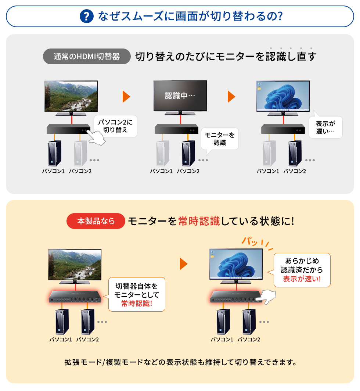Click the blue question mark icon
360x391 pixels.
coord(86,17)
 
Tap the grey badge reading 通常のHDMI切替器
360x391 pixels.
coord(87,56)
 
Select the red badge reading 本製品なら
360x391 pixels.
coord(96,221)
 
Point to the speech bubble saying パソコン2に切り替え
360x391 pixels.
coord(115,126)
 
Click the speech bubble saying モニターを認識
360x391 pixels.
coord(220,139)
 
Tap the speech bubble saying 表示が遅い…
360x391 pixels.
coord(325,127)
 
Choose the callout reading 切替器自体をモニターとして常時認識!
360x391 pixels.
coord(137,294)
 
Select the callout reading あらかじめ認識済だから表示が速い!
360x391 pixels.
coord(302,270)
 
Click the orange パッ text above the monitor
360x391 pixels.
coord(250,241)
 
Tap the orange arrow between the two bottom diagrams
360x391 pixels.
coord(184,264)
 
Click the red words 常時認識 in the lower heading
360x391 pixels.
coord(199,221)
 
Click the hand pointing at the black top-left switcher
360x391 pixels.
coord(97,138)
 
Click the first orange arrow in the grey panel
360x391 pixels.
coord(126,97)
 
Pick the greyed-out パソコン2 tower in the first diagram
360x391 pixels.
coord(80,153)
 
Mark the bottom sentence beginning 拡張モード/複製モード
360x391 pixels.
coord(180,362)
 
